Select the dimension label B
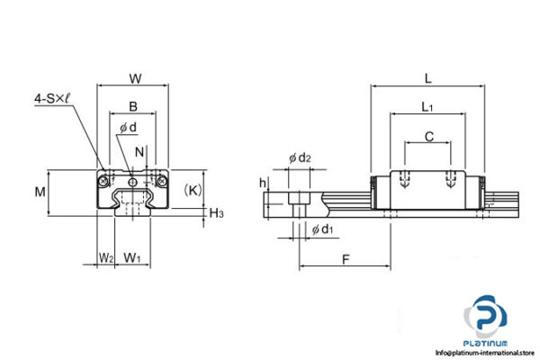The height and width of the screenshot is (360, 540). pyautogui.click(x=133, y=105)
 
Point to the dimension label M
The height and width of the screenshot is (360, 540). pyautogui.click(x=39, y=191)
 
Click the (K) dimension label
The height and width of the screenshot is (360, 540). pyautogui.click(x=193, y=190)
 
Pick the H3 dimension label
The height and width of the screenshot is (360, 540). pyautogui.click(x=217, y=212)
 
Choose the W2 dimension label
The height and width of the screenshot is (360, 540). pyautogui.click(x=105, y=258)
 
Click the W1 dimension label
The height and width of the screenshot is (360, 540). pyautogui.click(x=133, y=258)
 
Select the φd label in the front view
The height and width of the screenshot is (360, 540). pyautogui.click(x=128, y=127)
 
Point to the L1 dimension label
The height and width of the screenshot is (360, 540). pyautogui.click(x=427, y=107)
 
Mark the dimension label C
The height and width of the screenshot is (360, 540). pyautogui.click(x=428, y=136)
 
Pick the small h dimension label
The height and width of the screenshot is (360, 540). pyautogui.click(x=262, y=183)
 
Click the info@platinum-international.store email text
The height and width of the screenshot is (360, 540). pyautogui.click(x=487, y=353)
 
